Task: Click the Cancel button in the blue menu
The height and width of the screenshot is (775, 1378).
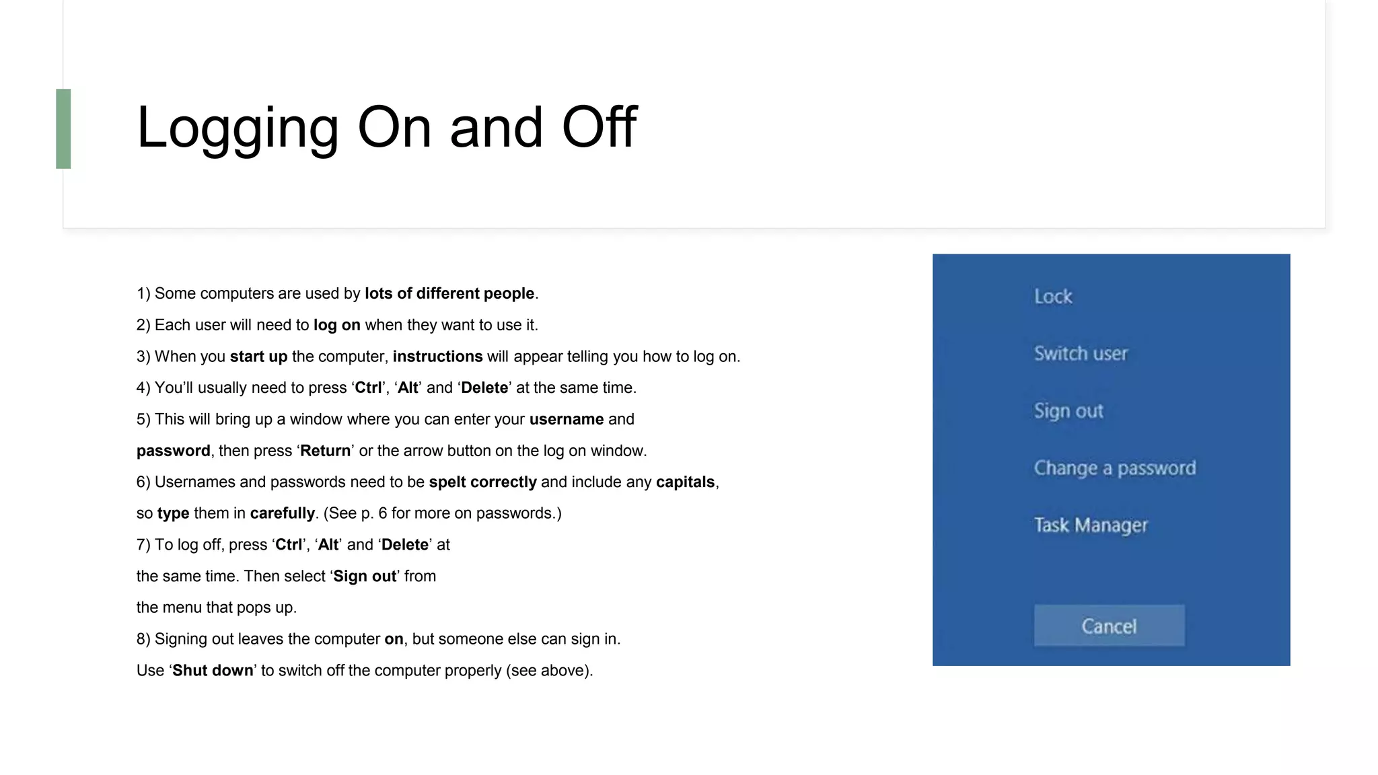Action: pyautogui.click(x=1109, y=626)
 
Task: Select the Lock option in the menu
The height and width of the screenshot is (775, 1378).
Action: pyautogui.click(x=1053, y=297)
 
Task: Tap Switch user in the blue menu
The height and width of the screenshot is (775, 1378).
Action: pyautogui.click(x=1081, y=354)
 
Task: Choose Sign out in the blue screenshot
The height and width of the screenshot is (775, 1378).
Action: pyautogui.click(x=1068, y=411)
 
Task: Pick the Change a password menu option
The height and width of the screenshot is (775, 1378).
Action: pyautogui.click(x=1115, y=468)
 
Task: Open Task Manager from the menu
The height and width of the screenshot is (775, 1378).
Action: pyautogui.click(x=1091, y=525)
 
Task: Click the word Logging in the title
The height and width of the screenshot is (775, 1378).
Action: pyautogui.click(x=238, y=128)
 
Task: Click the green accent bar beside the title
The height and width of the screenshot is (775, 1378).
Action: pyautogui.click(x=63, y=128)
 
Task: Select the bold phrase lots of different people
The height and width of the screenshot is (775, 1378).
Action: pyautogui.click(x=449, y=294)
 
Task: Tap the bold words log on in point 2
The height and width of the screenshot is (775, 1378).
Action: pyautogui.click(x=337, y=326)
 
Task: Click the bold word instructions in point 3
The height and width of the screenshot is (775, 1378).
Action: pyautogui.click(x=437, y=357)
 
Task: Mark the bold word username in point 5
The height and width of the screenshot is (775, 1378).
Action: pyautogui.click(x=567, y=420)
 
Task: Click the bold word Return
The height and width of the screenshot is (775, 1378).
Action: pyautogui.click(x=325, y=451)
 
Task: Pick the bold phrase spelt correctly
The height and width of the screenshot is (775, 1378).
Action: pyautogui.click(x=483, y=482)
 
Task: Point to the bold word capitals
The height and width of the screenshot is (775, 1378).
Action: pyautogui.click(x=685, y=482)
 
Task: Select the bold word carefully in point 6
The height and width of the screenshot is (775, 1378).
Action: pyautogui.click(x=282, y=513)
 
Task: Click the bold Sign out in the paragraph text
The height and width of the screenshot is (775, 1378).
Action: pyautogui.click(x=365, y=577)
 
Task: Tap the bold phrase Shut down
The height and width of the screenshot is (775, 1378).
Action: pyautogui.click(x=213, y=671)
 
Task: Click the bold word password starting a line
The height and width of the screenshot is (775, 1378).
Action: pyautogui.click(x=174, y=451)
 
